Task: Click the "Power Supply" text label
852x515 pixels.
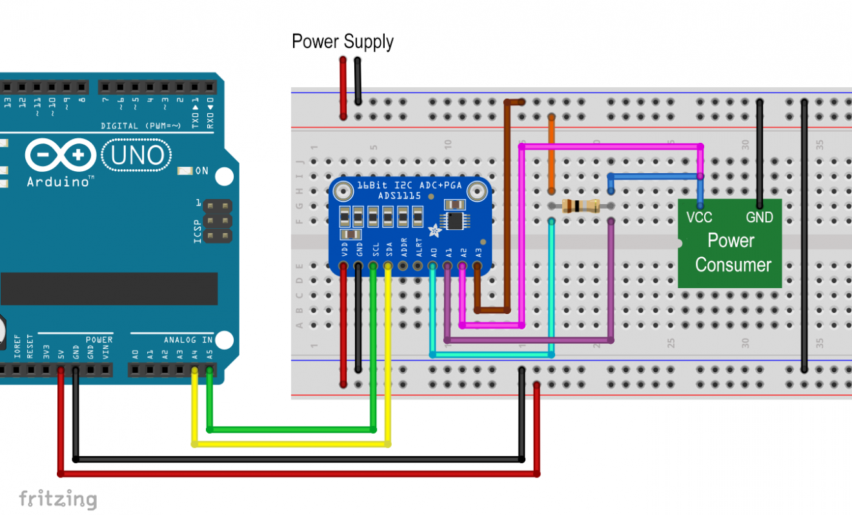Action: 342,42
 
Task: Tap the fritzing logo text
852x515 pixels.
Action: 57,499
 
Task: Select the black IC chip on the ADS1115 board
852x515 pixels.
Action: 455,220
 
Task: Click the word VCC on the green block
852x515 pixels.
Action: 699,218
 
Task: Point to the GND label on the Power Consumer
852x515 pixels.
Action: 759,218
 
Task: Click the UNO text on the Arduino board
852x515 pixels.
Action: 137,155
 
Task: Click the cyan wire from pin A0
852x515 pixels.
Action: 491,355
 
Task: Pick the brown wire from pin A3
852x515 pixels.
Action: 507,207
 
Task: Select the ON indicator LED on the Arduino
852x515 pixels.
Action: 185,171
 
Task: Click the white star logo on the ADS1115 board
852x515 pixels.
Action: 435,229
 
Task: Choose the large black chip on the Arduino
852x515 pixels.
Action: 108,288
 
